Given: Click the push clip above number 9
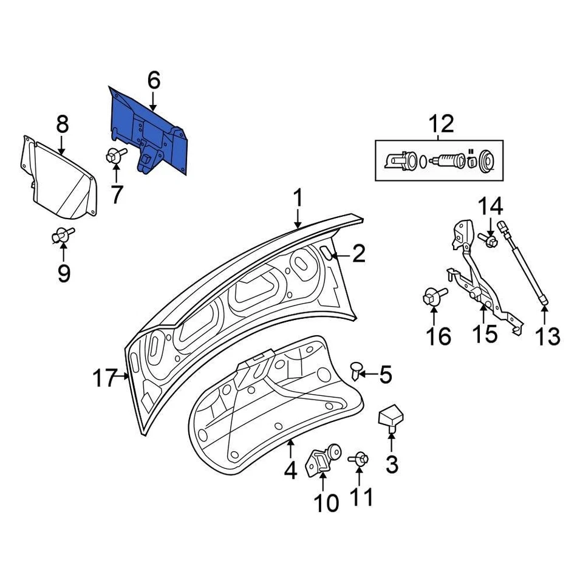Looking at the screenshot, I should click(64, 234).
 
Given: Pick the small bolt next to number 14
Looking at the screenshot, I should click(489, 241).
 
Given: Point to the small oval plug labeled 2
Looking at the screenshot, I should click(326, 253).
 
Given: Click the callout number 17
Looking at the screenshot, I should click(104, 379).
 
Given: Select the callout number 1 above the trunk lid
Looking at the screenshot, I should click(298, 199).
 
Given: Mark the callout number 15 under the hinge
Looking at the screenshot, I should click(485, 333).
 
